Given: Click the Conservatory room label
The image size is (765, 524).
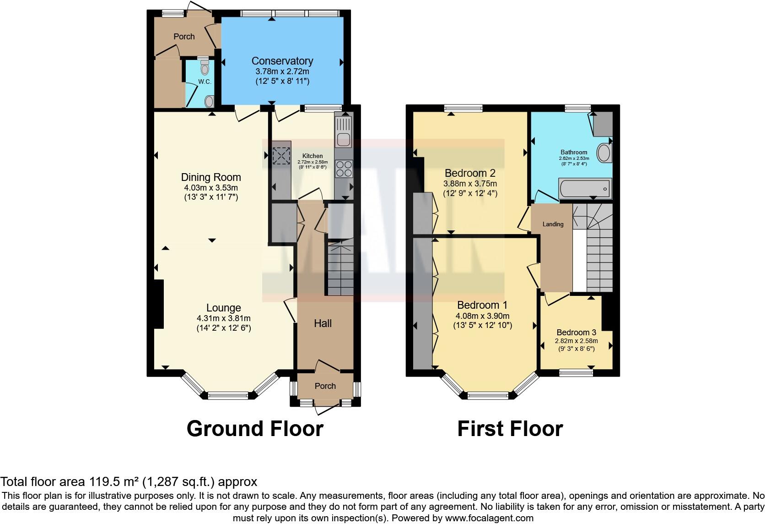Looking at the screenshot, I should (x=282, y=61).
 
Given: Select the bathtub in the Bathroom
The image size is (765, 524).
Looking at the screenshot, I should (x=585, y=188).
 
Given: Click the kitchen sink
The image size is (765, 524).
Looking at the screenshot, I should (x=343, y=132).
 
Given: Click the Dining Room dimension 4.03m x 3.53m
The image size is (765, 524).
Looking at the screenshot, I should (x=211, y=188).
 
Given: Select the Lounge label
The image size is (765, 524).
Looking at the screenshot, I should (x=223, y=308).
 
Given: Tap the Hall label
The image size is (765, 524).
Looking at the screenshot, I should (x=323, y=323).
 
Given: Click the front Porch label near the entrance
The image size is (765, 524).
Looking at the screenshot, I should (x=325, y=386).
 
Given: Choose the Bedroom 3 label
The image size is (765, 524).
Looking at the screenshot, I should (x=576, y=333).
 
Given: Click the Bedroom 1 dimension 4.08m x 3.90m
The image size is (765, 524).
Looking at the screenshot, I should (x=482, y=316).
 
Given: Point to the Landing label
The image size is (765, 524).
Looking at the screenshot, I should (x=553, y=224).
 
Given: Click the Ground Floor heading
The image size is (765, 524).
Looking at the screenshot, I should (x=255, y=429).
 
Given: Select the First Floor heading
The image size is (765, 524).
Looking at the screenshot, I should (x=510, y=429).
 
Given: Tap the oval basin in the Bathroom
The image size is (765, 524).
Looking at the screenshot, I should (x=604, y=153).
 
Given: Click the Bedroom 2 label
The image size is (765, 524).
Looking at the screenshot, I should (x=470, y=173).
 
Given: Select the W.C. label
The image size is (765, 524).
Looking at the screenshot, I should (x=205, y=82).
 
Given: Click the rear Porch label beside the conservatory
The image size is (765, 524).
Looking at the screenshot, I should (x=184, y=37).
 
